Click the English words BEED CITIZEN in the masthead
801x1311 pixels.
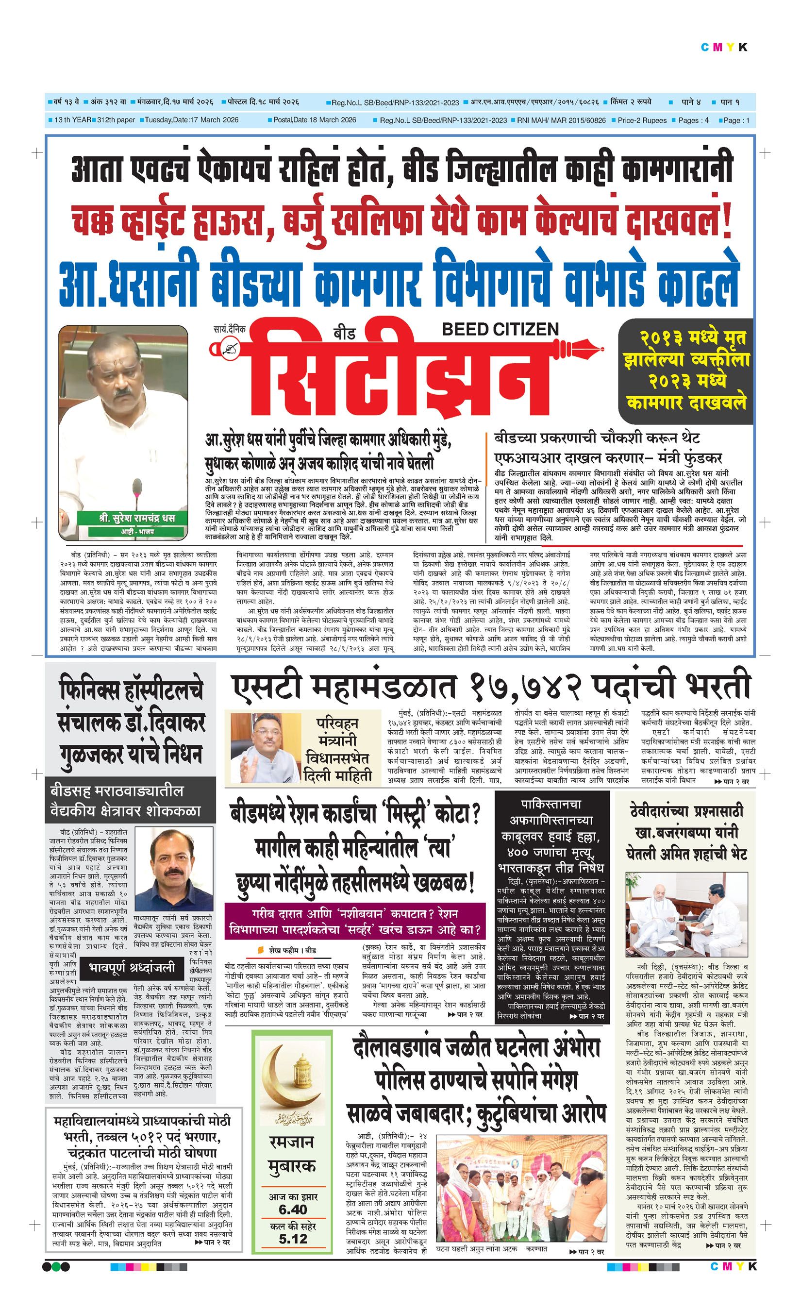tap(500, 329)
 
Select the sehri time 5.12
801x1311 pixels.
tap(293, 1239)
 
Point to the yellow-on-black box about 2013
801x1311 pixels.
tap(685, 371)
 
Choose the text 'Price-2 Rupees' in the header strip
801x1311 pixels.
tap(642, 120)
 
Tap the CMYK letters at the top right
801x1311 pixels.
tap(724, 48)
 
